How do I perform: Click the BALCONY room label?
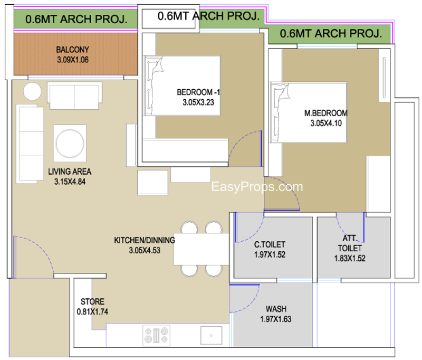coord(72,50)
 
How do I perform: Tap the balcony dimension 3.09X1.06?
coord(73,60)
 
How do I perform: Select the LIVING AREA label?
coord(70,172)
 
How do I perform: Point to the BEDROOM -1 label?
coord(198,92)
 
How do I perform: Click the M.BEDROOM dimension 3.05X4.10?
coord(326,123)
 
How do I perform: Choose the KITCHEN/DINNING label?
coord(145,240)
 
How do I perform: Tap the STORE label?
coord(92,301)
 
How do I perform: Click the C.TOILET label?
coord(270,244)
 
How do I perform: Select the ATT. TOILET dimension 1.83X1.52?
coord(350,258)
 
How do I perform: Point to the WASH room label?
coord(276,309)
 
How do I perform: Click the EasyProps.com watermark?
coord(257,186)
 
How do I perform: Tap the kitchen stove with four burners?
coord(156,335)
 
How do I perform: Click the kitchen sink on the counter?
coord(212,335)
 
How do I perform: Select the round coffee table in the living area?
coord(70,143)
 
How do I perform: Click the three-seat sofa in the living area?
coord(30,144)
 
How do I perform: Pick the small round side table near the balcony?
coord(32,91)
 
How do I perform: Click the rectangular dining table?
coord(202,249)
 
